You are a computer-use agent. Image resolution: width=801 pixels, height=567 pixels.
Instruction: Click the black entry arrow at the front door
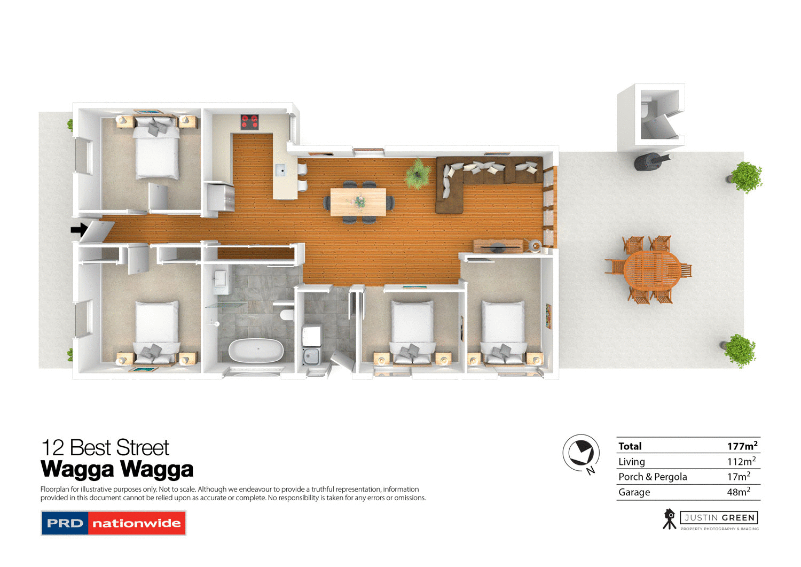click(79, 230)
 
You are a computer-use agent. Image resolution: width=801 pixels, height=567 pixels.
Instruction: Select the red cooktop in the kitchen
click(249, 122)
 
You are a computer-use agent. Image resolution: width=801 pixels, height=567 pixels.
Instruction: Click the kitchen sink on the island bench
click(280, 170)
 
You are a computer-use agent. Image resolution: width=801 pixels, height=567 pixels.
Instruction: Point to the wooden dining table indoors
click(358, 202)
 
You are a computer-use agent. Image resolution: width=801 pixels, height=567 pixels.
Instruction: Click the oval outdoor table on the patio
click(651, 270)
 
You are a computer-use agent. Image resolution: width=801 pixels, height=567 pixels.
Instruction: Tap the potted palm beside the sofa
click(418, 174)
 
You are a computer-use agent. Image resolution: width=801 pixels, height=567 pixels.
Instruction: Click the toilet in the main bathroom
click(287, 314)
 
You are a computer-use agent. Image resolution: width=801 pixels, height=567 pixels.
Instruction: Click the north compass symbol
click(581, 454)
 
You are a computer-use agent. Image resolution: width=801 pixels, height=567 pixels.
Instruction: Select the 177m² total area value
click(742, 446)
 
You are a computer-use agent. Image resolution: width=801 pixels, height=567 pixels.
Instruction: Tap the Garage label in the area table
click(634, 492)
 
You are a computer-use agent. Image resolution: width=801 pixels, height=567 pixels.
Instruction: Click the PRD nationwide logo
click(113, 523)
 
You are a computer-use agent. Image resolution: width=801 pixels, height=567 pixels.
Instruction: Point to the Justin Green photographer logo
click(711, 519)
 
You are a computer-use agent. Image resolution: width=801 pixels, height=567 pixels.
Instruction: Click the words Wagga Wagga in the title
click(117, 469)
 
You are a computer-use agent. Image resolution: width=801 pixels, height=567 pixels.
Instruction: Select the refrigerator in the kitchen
click(220, 198)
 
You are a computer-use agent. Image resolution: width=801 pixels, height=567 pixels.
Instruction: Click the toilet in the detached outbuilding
click(646, 110)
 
